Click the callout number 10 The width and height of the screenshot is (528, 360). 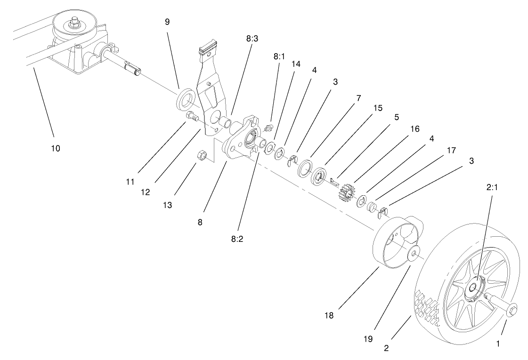[56, 148]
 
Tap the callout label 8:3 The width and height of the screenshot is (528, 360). [252, 40]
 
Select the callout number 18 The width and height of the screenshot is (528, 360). [329, 316]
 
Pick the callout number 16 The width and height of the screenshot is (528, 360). [415, 128]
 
